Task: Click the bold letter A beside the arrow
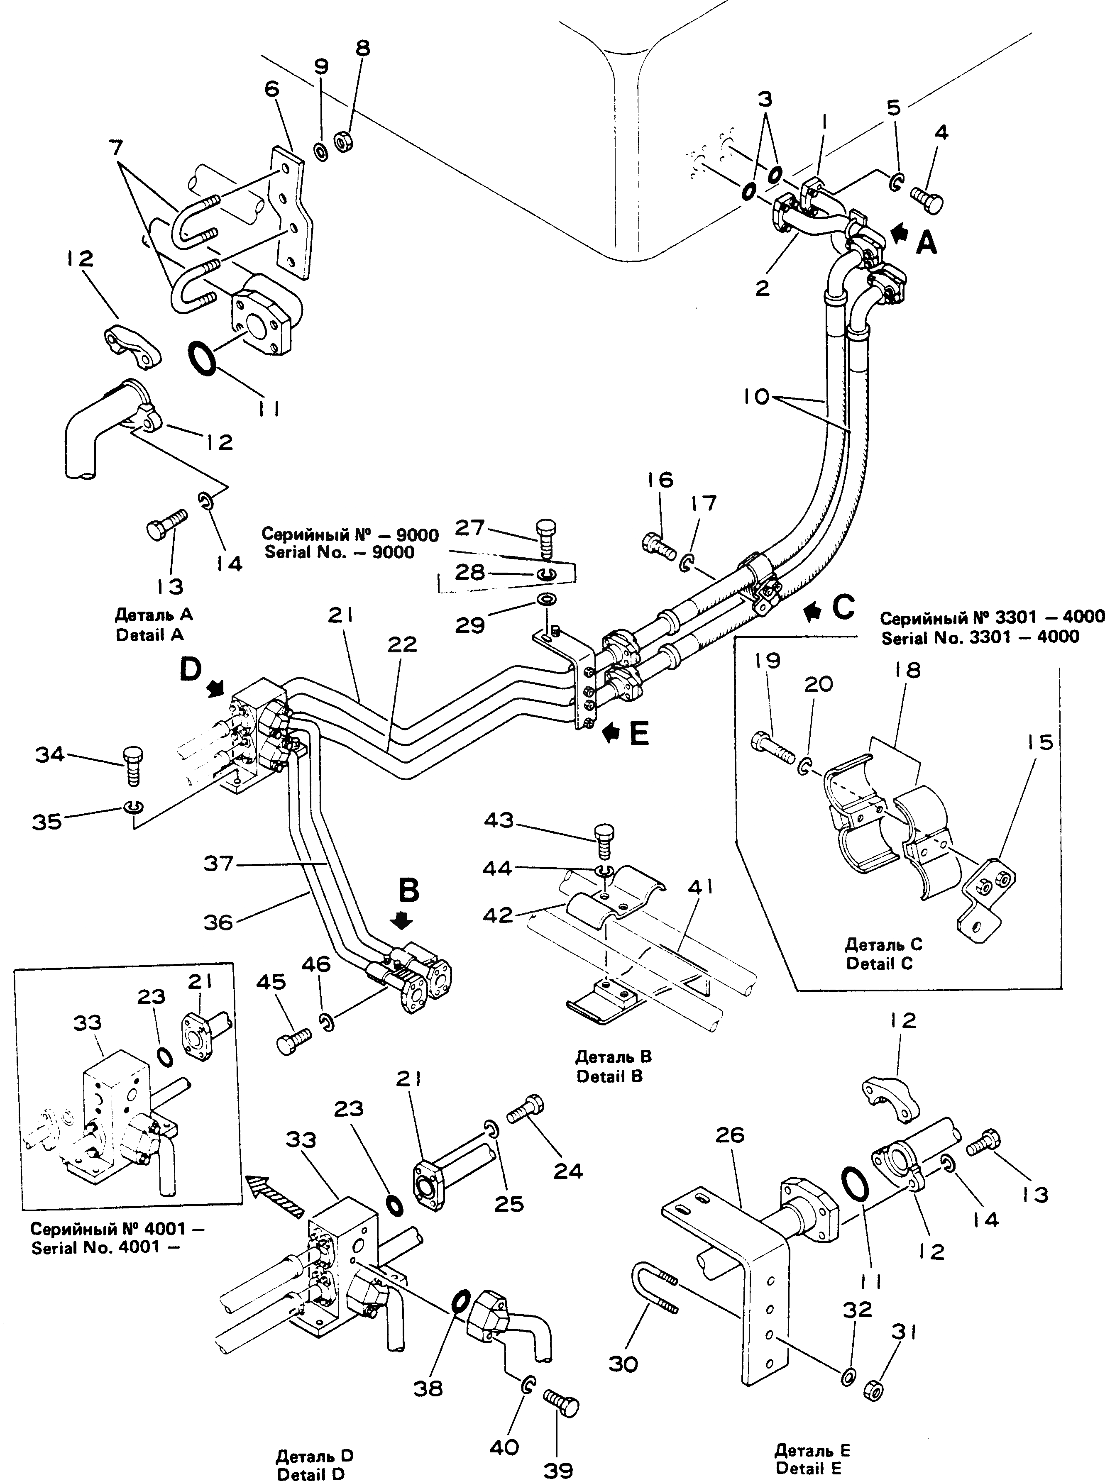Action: tap(927, 243)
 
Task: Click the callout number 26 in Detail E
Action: tap(730, 1135)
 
